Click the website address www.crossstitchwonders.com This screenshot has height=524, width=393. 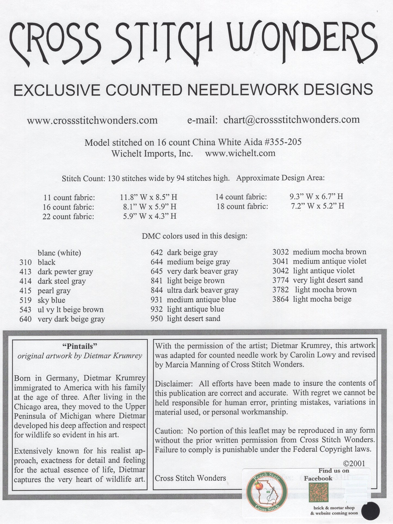tap(92, 120)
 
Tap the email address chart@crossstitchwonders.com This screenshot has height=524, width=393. tap(291, 119)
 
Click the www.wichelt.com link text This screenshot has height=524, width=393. tap(240, 153)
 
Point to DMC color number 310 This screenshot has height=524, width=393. tap(26, 262)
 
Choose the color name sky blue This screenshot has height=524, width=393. tap(51, 300)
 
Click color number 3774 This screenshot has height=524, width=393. tap(281, 280)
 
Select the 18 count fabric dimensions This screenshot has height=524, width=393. tap(317, 206)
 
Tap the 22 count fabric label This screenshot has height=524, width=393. tap(68, 217)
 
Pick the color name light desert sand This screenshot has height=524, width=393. tap(193, 318)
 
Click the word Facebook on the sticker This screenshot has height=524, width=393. tap(318, 478)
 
